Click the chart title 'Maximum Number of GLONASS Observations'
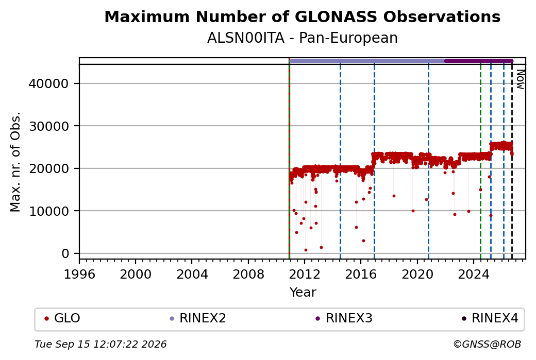coord(302,16)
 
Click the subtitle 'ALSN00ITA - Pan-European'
coord(302,38)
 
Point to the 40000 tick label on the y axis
coord(48,83)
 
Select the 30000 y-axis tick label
coord(48,126)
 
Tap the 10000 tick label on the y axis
coord(48,211)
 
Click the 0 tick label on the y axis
coord(65,253)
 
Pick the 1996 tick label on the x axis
coord(79,275)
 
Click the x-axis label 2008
coord(248,275)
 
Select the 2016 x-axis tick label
coord(361,275)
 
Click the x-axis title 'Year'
coord(303,293)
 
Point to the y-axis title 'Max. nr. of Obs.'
coord(15,162)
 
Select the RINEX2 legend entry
coord(198,318)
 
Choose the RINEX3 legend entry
coord(344,318)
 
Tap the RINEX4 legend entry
coord(490,318)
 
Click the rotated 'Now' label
coord(520,80)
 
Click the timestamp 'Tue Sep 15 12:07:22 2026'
coord(100,344)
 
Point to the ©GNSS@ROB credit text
coord(487,344)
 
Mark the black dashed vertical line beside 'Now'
coord(512,162)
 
